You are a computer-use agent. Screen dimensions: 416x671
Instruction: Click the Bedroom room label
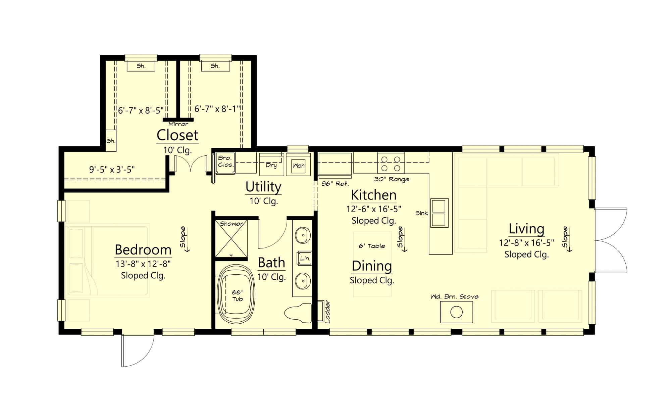143,250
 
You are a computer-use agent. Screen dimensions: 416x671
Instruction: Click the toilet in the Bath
298,313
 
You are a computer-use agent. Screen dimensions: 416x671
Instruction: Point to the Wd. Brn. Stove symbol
456,312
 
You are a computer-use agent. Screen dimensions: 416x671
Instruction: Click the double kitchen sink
439,213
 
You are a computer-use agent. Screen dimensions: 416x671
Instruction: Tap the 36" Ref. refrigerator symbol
335,165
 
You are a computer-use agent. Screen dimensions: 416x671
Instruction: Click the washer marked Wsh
298,165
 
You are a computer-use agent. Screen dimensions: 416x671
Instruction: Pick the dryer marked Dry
271,165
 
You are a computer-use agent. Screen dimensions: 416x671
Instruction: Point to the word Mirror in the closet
178,124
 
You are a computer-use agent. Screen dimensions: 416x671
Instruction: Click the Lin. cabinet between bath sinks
305,258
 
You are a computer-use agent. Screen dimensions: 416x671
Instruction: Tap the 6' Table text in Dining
372,246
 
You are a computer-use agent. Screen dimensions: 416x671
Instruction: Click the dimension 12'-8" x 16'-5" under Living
526,242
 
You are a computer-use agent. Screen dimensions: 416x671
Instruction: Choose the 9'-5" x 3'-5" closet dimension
112,170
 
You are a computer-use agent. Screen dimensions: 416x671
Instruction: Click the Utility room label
263,187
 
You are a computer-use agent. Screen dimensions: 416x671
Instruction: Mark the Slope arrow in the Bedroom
184,239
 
